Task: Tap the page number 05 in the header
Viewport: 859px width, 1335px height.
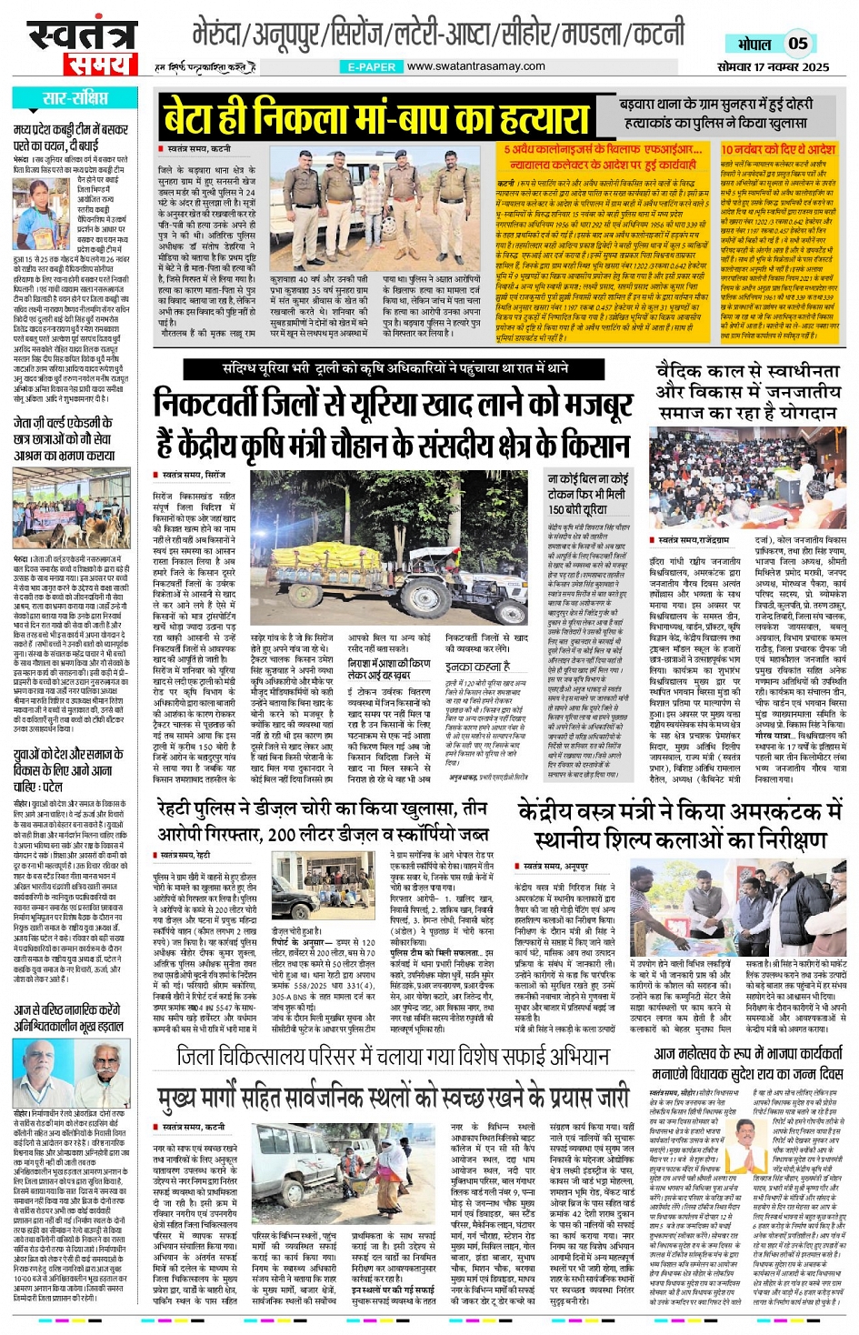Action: (797, 43)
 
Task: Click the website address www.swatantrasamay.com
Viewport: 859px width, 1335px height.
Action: (475, 66)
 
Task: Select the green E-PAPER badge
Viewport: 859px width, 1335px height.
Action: (372, 66)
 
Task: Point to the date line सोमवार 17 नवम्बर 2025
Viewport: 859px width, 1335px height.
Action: (773, 66)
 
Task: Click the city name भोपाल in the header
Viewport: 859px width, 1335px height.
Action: (754, 44)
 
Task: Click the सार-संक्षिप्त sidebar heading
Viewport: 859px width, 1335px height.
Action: (75, 98)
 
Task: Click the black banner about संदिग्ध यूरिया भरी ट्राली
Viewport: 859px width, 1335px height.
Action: (395, 368)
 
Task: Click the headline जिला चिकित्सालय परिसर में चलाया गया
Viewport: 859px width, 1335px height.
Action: (393, 1058)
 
